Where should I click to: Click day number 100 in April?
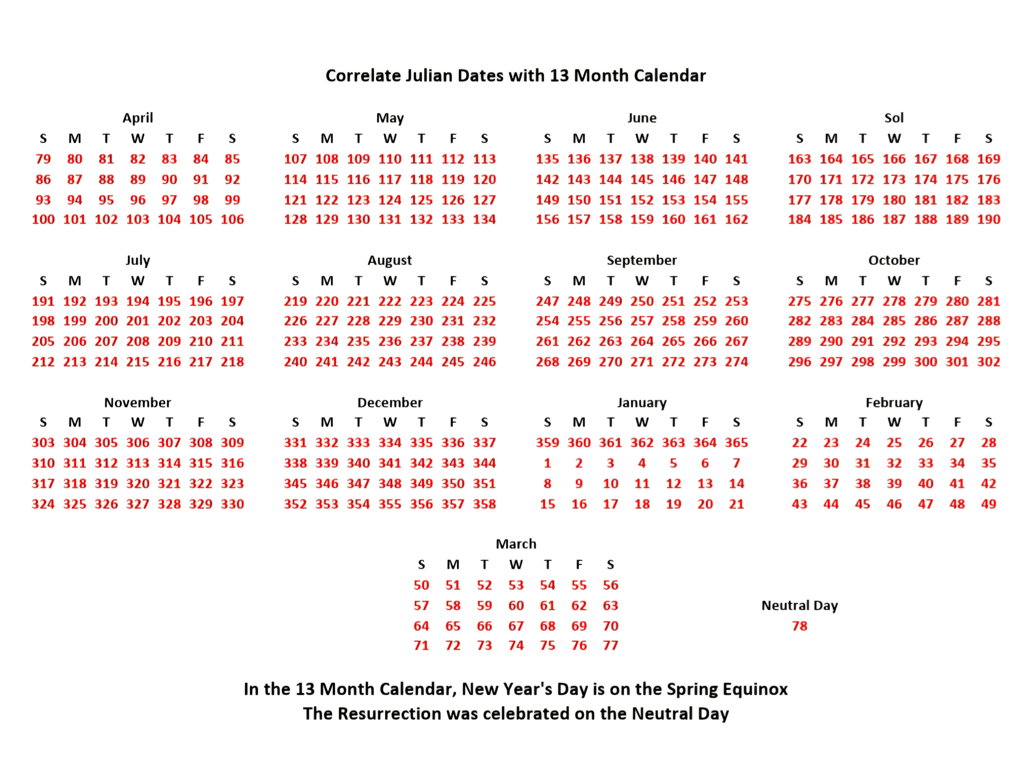tap(43, 219)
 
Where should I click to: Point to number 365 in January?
tap(736, 443)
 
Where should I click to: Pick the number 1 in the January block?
tap(547, 463)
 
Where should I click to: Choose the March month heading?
tap(516, 544)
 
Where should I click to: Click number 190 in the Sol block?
tap(988, 219)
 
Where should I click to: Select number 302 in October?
tap(988, 362)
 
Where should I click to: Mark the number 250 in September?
tap(642, 301)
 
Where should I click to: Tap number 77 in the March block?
tap(610, 645)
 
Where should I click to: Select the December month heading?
tap(390, 403)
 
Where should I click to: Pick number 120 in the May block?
tap(484, 180)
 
